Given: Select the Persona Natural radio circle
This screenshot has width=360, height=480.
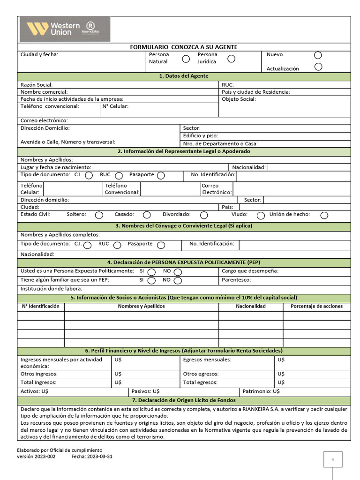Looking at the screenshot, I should (186, 59).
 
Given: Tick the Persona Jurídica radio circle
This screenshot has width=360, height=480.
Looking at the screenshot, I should (231, 59).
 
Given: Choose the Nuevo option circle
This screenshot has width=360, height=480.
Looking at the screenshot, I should (318, 55).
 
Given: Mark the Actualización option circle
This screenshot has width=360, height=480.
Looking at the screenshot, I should (318, 67).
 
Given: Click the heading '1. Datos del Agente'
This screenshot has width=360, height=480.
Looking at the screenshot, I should (184, 76).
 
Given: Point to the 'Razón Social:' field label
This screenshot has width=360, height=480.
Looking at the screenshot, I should (37, 85).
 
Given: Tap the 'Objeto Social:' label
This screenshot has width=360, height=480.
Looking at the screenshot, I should (239, 99).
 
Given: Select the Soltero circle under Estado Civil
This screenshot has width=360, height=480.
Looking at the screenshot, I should (99, 215).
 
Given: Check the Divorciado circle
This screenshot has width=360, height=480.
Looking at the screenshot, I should (204, 215).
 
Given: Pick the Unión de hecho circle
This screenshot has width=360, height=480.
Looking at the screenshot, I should (324, 215).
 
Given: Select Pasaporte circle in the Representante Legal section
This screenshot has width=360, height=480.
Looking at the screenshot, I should (161, 175).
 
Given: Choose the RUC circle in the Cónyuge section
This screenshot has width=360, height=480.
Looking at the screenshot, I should (117, 245).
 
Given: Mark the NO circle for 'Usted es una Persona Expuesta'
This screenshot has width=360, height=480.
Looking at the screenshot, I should (178, 272).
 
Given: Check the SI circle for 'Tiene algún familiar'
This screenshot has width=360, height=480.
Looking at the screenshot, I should (151, 281).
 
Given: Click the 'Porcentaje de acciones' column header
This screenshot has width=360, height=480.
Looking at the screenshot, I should (316, 306).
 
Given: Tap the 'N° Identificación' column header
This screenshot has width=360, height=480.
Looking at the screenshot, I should (41, 306).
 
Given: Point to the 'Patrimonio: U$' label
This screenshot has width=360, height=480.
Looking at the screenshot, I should (261, 391).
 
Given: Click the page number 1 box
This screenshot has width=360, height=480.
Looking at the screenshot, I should (333, 460).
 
